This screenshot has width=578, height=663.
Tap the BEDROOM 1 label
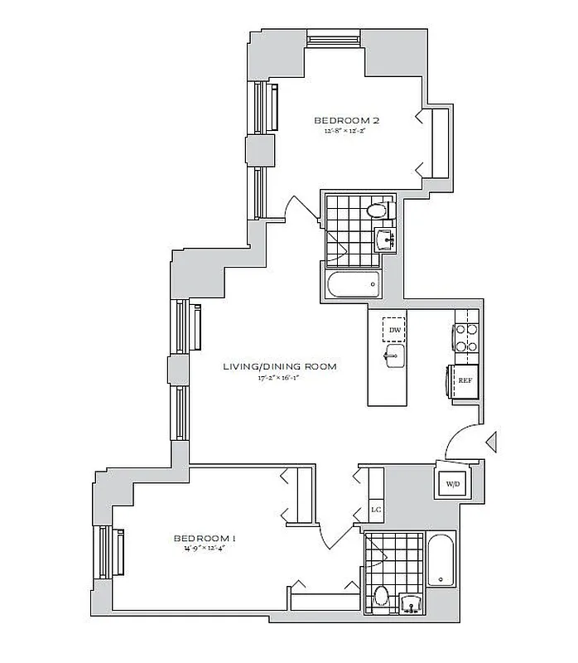coord(203,536)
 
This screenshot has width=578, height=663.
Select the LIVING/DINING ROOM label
coord(278,366)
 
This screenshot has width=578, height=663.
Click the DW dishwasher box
coord(395,331)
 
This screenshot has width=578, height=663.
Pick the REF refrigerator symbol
coord(465,381)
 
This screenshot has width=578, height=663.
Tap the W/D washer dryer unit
coord(453,483)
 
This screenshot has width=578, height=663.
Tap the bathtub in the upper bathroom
coord(353,285)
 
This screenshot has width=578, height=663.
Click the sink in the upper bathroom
coord(384,240)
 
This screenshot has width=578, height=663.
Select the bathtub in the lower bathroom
coord(441,561)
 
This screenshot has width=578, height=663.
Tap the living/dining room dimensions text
coord(278,378)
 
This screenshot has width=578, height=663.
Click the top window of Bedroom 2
coord(334,38)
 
